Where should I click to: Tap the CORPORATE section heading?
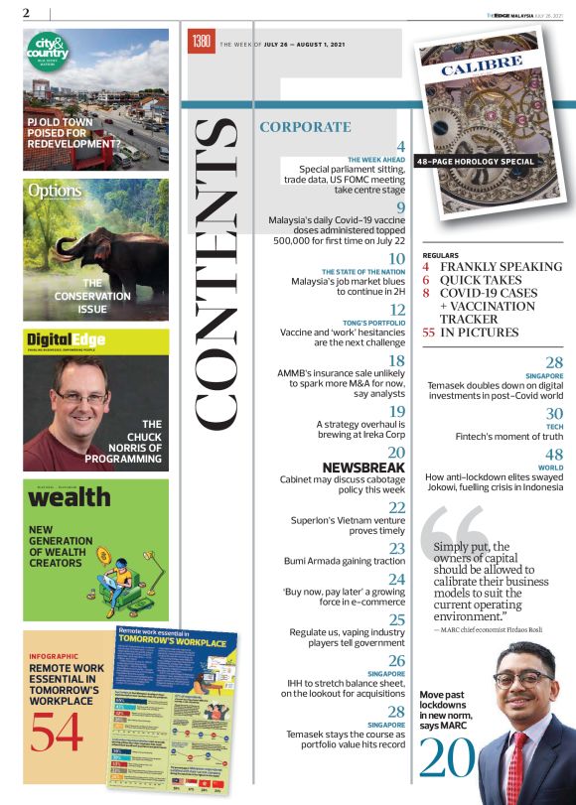[305, 127]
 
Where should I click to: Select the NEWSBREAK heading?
[364, 467]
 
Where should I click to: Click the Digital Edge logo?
[67, 340]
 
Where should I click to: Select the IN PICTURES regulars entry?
[479, 333]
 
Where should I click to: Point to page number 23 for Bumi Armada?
[397, 548]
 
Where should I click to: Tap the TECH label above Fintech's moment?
[555, 427]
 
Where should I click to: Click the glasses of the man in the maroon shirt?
[82, 397]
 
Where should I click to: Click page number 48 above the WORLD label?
[555, 454]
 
